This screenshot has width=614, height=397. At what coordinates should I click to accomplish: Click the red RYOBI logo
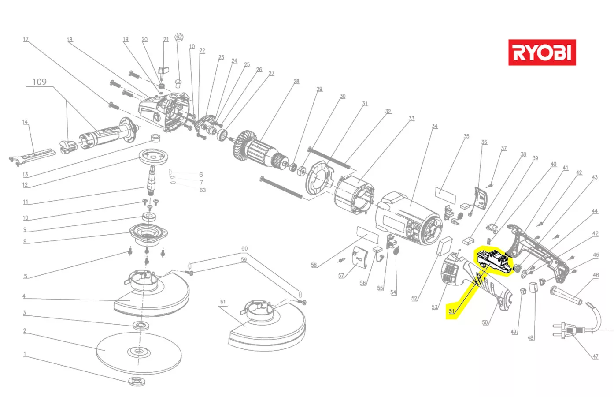coord(542,52)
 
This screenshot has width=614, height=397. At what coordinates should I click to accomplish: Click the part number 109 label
coord(39,82)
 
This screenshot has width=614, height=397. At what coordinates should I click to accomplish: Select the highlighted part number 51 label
coord(451,311)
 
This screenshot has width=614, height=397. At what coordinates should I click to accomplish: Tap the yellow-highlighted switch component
coord(494,260)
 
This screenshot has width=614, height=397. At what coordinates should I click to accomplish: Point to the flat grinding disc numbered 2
coord(138,352)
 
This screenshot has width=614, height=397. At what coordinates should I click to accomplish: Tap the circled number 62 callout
coord(179,37)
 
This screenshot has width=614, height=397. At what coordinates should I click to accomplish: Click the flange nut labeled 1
coord(137,381)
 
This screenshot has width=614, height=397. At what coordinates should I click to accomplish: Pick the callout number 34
coord(435,126)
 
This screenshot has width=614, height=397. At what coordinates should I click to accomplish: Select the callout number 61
coord(223,302)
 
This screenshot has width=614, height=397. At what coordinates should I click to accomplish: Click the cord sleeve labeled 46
coord(566,295)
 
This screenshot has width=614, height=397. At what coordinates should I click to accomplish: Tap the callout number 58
coord(314,265)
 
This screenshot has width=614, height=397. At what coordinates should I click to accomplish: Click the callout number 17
coord(26,40)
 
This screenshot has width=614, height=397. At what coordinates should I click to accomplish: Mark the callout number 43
coord(595,177)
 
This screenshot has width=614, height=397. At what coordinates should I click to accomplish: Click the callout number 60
coord(244,249)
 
